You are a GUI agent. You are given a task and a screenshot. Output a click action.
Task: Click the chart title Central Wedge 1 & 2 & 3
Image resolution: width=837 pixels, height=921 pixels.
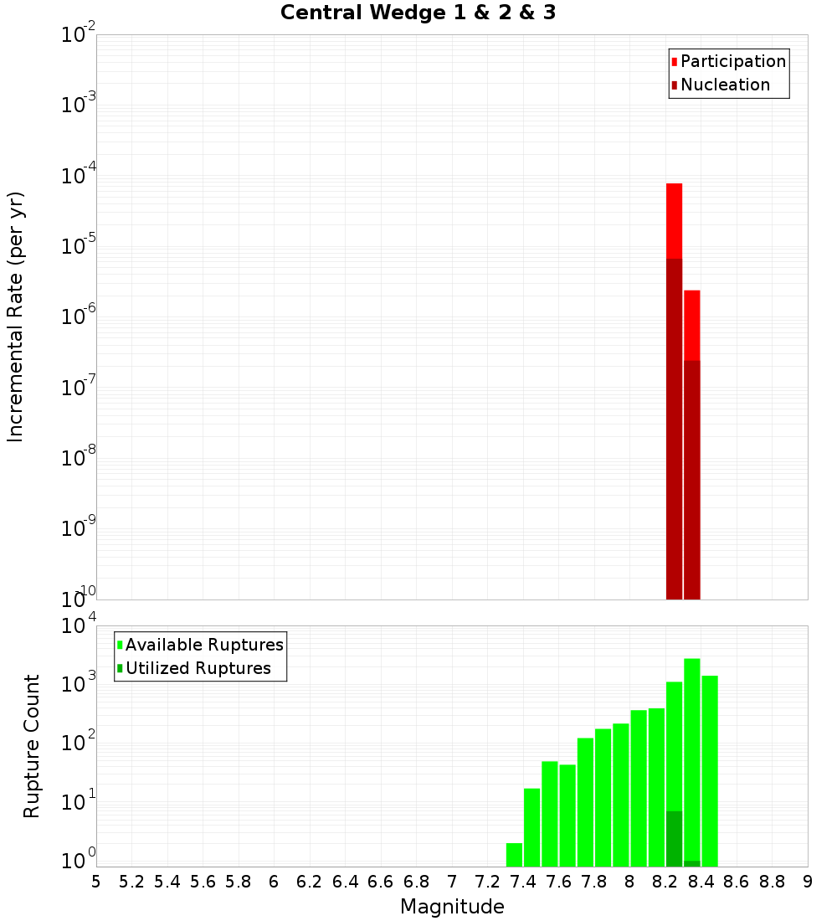tap(418, 13)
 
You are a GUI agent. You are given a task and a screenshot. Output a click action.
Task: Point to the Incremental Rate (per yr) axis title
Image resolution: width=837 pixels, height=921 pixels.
tap(16, 317)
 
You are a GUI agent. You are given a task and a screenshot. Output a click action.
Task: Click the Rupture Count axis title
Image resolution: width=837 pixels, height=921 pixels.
tap(32, 746)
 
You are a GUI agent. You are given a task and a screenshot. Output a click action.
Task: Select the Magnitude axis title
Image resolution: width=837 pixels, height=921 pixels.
tap(452, 907)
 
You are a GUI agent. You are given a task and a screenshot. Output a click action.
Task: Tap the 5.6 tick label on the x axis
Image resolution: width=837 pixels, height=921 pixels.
tap(203, 882)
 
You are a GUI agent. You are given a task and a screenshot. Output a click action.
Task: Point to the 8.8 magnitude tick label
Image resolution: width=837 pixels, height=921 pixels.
tap(772, 882)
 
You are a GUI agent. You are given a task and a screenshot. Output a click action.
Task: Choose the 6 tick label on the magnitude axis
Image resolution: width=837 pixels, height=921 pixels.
tap(274, 882)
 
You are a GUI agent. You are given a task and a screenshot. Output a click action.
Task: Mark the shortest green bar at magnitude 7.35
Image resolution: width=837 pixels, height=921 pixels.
tap(514, 855)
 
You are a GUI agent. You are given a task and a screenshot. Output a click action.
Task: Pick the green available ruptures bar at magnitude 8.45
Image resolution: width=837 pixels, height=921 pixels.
tap(710, 770)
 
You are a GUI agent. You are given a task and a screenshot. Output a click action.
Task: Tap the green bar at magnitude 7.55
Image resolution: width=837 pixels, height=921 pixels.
tap(549, 813)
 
